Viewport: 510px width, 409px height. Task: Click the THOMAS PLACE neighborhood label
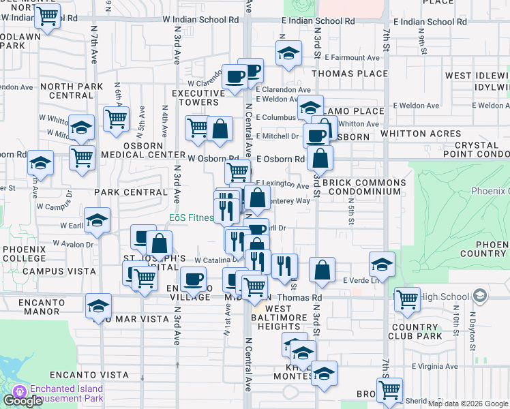350,74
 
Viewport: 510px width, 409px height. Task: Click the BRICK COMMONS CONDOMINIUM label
364,187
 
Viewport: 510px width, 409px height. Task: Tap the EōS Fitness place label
192,218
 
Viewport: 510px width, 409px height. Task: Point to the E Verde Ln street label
360,280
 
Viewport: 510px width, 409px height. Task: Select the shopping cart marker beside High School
407,298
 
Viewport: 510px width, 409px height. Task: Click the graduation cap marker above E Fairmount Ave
289,52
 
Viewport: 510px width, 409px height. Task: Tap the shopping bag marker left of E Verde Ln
322,269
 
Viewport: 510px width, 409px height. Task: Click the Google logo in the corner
22,401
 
